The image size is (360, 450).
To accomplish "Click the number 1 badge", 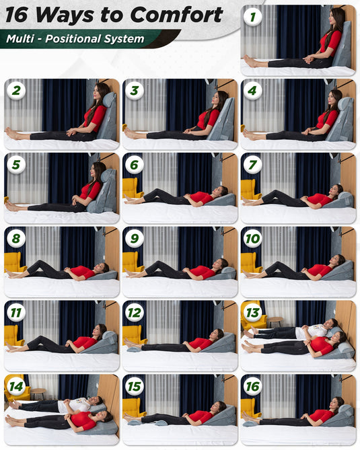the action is click(252, 17).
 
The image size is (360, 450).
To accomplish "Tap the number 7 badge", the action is click(252, 165).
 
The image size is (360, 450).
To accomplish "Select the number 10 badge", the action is click(252, 239).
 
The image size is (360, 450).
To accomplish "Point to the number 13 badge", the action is click(252, 313).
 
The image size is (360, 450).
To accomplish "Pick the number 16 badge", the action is click(252, 386).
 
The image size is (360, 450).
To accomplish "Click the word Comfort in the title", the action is click(176, 15).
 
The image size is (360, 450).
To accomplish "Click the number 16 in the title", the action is click(17, 15).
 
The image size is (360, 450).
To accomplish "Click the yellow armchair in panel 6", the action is click(131, 188).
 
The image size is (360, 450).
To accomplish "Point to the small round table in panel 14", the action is click(38, 393).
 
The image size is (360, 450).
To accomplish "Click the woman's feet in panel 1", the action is click(249, 61).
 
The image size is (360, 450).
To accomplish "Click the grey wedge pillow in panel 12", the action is click(217, 344).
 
